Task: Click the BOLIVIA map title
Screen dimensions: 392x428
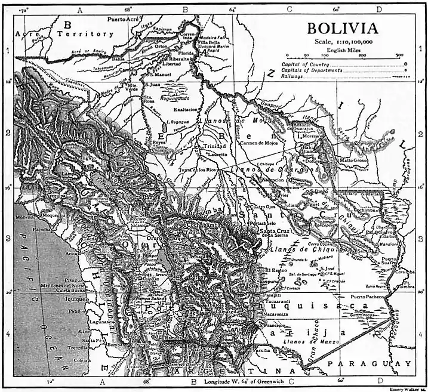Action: point(342,28)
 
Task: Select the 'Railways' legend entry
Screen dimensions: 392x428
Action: point(296,76)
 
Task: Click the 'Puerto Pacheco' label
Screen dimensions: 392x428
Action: point(370,296)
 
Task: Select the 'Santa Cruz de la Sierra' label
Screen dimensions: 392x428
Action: point(275,233)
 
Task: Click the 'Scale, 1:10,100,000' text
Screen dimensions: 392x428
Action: point(343,41)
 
